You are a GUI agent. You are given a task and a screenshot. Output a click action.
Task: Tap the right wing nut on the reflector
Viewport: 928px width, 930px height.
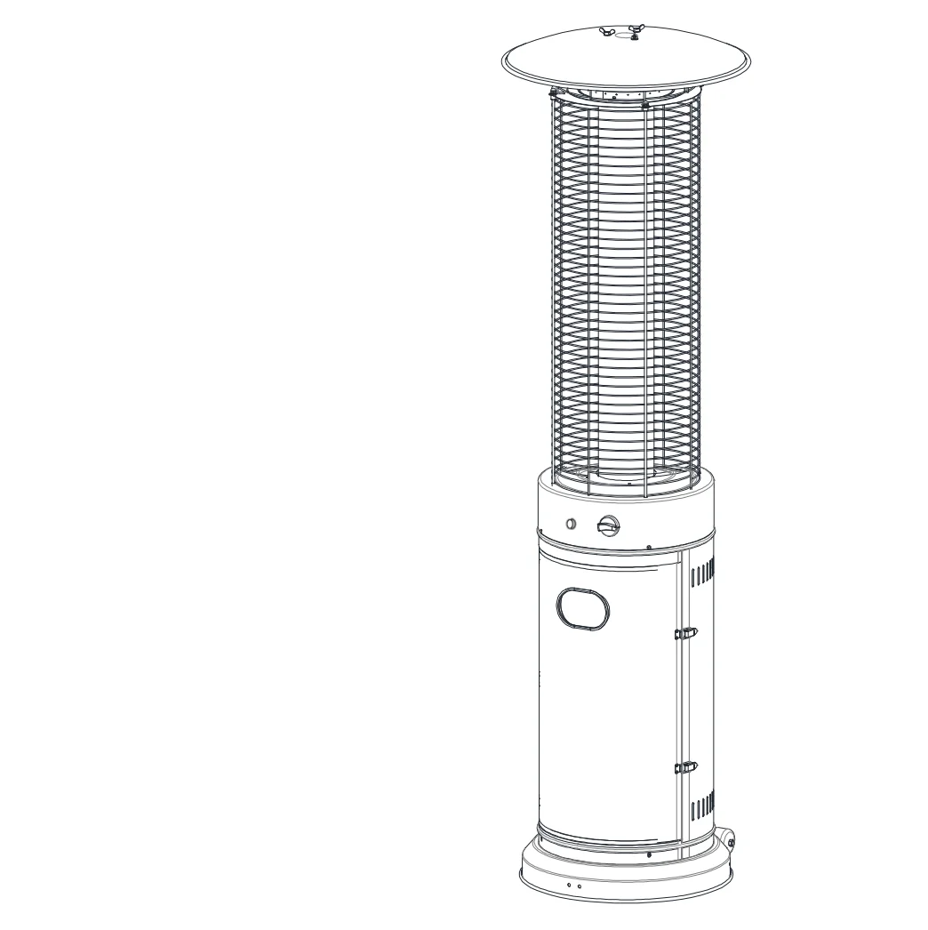(635, 33)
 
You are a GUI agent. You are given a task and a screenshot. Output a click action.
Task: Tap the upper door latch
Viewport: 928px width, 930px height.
(685, 633)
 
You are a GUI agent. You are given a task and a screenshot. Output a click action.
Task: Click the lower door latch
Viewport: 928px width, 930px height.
(685, 766)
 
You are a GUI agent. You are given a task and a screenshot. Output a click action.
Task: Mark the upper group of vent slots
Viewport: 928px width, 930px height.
(702, 571)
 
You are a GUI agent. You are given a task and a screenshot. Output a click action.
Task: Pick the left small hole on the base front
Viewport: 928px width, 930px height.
(569, 886)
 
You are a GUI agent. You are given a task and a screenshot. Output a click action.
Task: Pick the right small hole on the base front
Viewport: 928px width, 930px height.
(579, 886)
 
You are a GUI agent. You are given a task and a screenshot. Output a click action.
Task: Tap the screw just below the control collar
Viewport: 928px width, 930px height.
(649, 548)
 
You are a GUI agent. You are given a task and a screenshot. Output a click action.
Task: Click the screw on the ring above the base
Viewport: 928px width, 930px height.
(650, 854)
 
